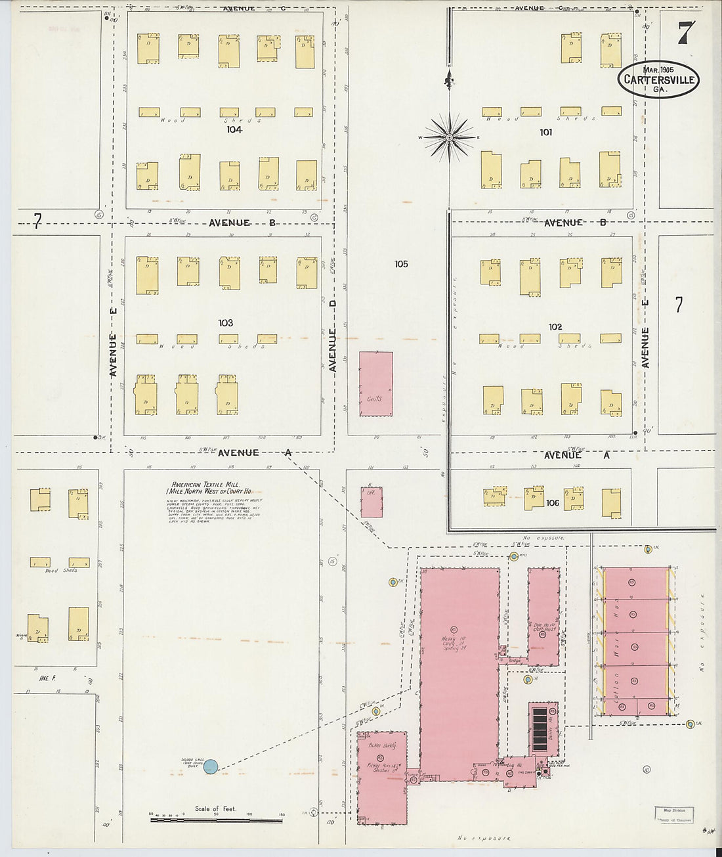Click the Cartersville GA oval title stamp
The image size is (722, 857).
658,79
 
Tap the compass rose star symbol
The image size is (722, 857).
450,137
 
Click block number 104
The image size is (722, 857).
234,130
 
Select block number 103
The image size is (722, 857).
226,323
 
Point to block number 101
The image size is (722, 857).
545,133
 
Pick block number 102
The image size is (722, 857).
555,327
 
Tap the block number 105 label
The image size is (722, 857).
401,264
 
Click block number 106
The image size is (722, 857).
552,503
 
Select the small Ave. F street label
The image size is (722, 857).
45,678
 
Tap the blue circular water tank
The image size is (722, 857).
210,766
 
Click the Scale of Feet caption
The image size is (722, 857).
215,808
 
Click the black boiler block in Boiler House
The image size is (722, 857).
540,729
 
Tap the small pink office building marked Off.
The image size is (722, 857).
372,502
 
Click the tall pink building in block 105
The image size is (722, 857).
376,384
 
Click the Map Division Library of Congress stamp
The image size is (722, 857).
674,815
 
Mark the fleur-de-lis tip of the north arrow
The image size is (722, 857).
449,81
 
